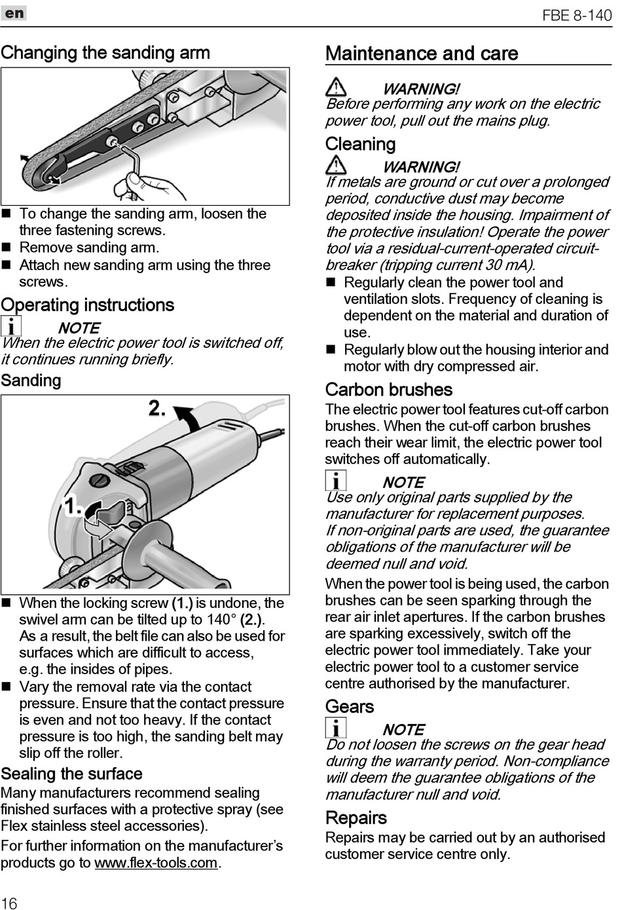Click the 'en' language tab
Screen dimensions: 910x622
[14, 13]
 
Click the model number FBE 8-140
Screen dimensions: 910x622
[576, 14]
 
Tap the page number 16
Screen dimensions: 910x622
[9, 903]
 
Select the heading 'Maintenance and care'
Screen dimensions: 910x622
[422, 54]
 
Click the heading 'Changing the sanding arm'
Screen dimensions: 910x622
[105, 52]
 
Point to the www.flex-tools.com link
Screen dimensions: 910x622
[156, 863]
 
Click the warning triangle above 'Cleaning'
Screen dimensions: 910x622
[336, 87]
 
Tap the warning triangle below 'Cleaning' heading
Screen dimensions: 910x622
[336, 165]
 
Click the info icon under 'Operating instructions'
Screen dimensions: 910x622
[10, 326]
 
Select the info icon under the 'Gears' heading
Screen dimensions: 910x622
[335, 728]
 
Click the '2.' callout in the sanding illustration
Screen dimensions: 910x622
[157, 409]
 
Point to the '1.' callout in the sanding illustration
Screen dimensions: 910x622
[72, 506]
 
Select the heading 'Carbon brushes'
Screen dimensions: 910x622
[389, 390]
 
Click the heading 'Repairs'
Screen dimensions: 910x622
[356, 818]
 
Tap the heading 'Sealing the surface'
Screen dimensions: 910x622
[72, 774]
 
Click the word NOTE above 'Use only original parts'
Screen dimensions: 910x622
[403, 482]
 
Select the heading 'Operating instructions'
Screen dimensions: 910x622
[88, 305]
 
